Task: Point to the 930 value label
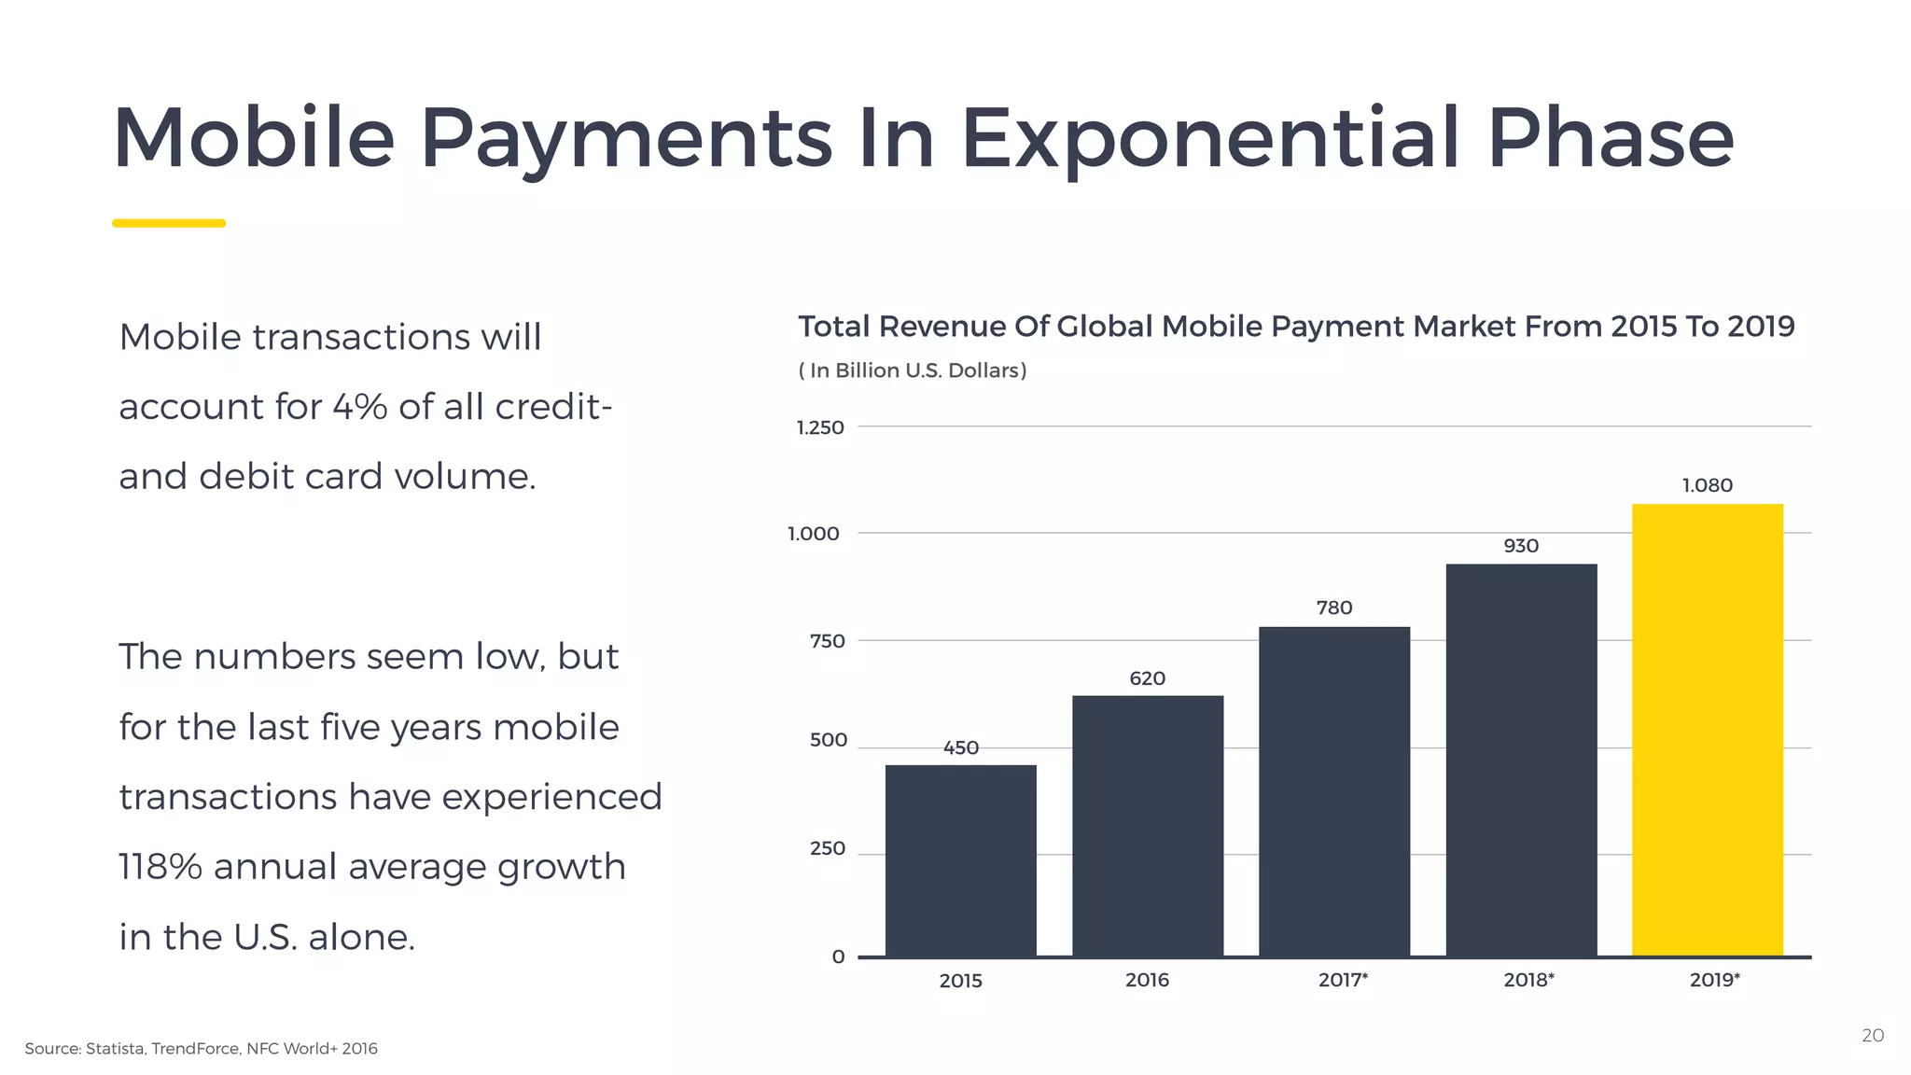1521,546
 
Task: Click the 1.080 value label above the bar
1707,485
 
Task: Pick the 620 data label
1147,678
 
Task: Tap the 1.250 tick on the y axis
819,427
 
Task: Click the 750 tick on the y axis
827,641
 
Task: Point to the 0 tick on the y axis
838,956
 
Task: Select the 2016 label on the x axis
1147,980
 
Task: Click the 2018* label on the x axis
1528,980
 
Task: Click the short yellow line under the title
169,223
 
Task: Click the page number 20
1872,1036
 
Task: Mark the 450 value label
960,747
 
